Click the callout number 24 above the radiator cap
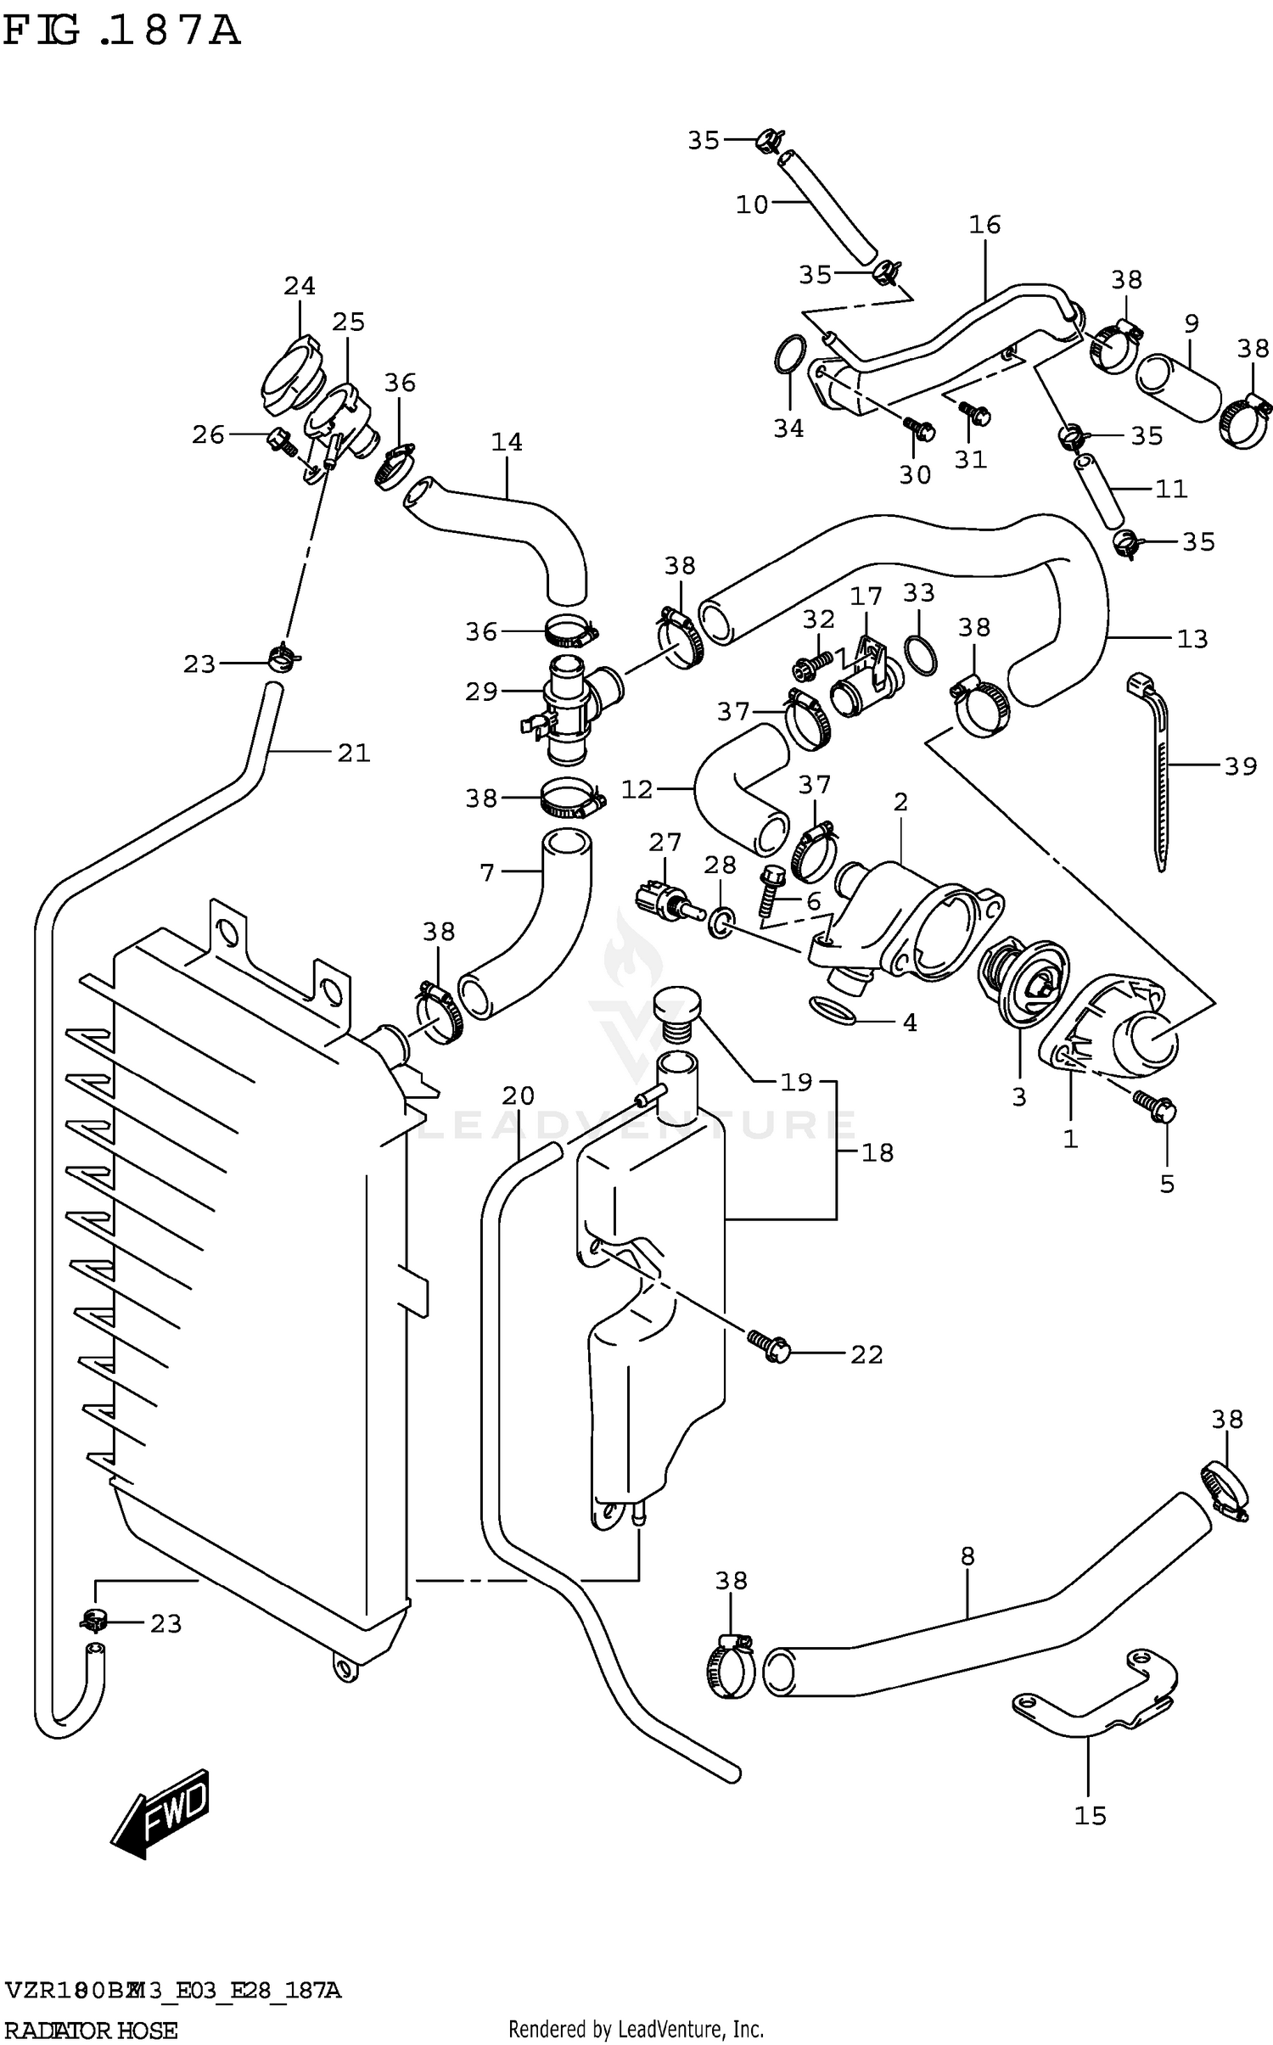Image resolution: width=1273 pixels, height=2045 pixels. point(300,286)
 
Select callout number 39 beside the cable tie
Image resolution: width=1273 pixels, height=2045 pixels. point(1240,766)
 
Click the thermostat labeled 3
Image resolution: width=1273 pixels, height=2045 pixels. point(1023,981)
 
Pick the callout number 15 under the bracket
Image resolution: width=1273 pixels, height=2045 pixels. point(1091,1815)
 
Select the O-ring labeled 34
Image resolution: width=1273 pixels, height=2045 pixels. point(791,353)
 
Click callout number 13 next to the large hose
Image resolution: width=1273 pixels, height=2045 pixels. point(1192,638)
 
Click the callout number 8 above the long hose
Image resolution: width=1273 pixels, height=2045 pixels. point(967,1555)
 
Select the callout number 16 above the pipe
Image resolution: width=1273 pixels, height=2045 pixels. point(984,224)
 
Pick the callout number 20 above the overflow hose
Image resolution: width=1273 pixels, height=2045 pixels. point(518,1095)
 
